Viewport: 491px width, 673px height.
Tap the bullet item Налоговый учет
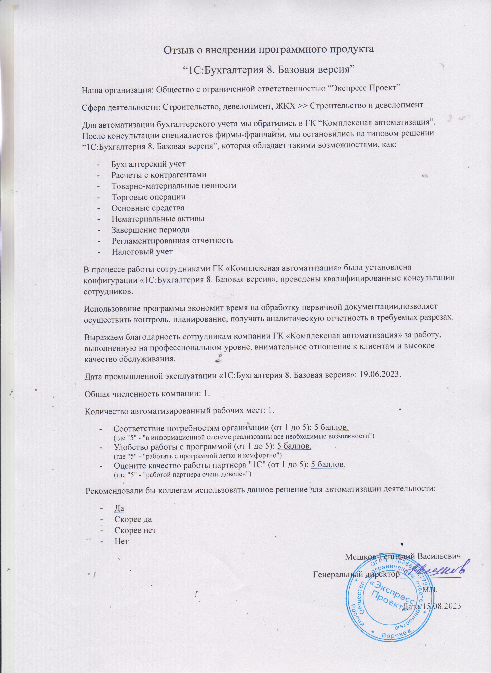(142, 252)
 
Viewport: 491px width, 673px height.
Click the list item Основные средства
(148, 208)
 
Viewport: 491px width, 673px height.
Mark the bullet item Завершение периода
(150, 230)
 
